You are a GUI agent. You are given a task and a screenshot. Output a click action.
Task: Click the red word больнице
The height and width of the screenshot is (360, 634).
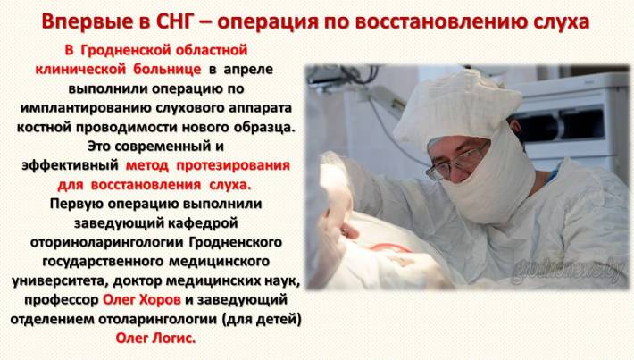[167, 69]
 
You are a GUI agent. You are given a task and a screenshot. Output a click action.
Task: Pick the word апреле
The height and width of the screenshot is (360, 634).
[248, 70]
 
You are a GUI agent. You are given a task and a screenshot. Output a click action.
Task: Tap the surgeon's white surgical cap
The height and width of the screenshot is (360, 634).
[457, 108]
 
